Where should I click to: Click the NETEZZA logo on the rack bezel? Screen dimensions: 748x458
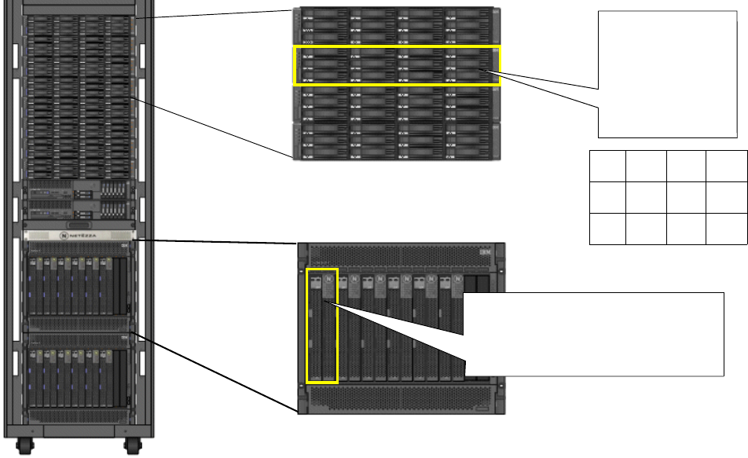pyautogui.click(x=80, y=235)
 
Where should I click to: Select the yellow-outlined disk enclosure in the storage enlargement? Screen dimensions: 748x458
pyautogui.click(x=396, y=65)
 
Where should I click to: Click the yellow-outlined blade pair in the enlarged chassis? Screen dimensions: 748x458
pyautogui.click(x=321, y=326)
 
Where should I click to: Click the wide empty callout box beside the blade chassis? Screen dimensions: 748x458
pyautogui.click(x=594, y=335)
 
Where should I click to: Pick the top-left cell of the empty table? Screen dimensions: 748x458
pyautogui.click(x=607, y=166)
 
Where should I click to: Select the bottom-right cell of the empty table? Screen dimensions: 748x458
pyautogui.click(x=726, y=228)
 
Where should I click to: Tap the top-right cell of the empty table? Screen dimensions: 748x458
pyautogui.click(x=726, y=166)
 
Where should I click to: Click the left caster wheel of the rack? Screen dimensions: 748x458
pyautogui.click(x=26, y=449)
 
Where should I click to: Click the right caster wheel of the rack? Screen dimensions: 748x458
pyautogui.click(x=131, y=449)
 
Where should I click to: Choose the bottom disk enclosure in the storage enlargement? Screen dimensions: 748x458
pyautogui.click(x=396, y=142)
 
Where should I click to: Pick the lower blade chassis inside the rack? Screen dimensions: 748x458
pyautogui.click(x=79, y=373)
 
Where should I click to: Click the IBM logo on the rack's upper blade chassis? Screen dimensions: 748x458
pyautogui.click(x=123, y=248)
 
